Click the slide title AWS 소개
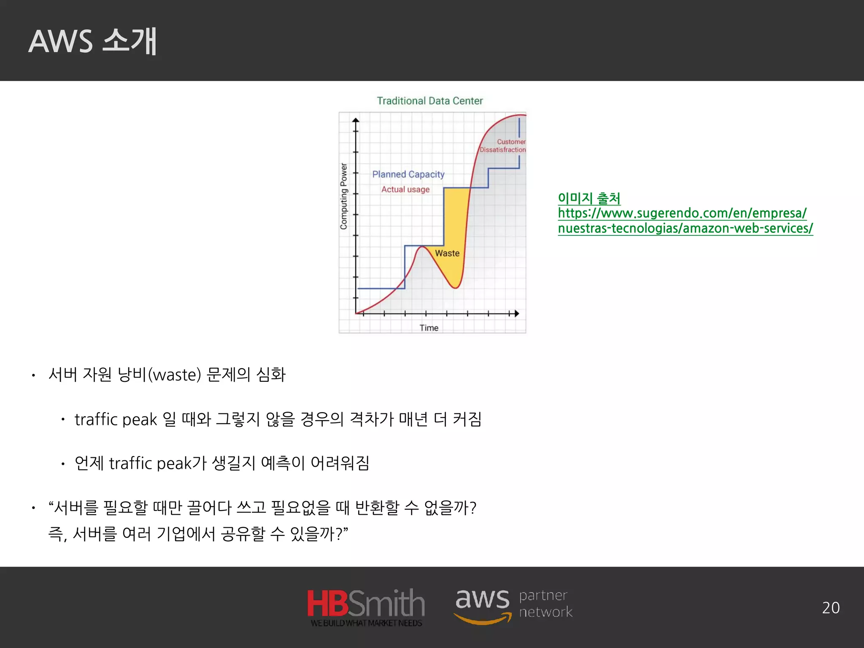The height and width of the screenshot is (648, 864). click(92, 41)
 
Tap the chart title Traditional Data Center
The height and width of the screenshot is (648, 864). click(429, 101)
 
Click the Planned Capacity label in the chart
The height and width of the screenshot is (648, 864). click(408, 174)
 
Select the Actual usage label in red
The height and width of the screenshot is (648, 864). click(405, 189)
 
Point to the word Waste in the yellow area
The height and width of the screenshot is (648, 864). click(447, 253)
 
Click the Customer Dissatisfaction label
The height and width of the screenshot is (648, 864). click(503, 146)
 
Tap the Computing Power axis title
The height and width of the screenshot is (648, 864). click(344, 196)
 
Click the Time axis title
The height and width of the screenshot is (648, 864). click(429, 328)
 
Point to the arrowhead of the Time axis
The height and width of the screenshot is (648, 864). click(516, 313)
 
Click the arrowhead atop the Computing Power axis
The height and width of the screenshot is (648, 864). click(356, 121)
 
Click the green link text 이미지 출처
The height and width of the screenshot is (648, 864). click(589, 198)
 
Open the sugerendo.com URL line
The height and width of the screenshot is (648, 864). click(682, 213)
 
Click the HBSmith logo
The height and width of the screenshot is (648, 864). click(365, 603)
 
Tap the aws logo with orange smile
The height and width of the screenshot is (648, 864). click(483, 604)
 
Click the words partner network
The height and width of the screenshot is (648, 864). click(545, 603)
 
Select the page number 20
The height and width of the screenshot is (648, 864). click(830, 608)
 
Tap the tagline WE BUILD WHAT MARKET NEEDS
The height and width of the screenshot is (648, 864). click(366, 623)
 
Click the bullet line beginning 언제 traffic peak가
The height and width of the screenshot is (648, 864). click(221, 463)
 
